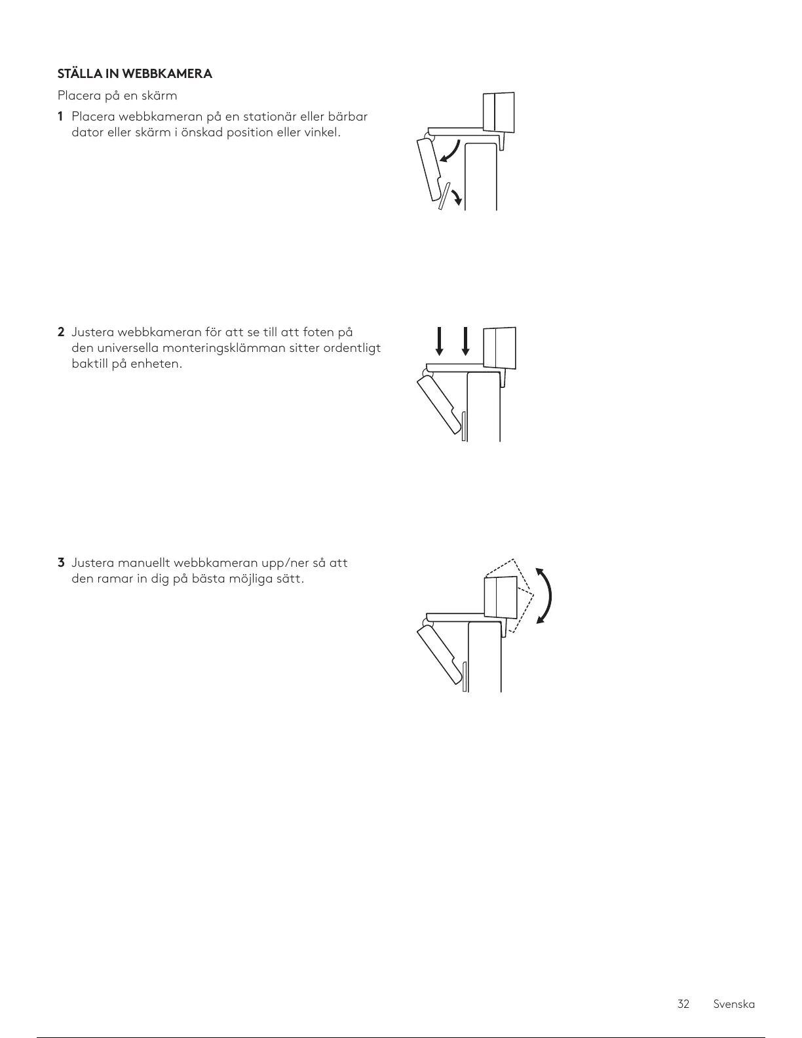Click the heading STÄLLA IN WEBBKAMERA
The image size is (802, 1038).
coord(135,73)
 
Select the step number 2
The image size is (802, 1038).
coord(60,332)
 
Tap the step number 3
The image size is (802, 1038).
coord(61,563)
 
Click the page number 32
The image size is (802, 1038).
coord(683,1004)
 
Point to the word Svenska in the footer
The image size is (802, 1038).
coord(734,1004)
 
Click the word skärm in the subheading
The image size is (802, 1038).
coord(161,96)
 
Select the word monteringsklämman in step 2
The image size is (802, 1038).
coord(219,348)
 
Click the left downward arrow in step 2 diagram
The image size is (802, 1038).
coord(440,341)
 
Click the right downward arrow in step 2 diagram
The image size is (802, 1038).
coord(465,341)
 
